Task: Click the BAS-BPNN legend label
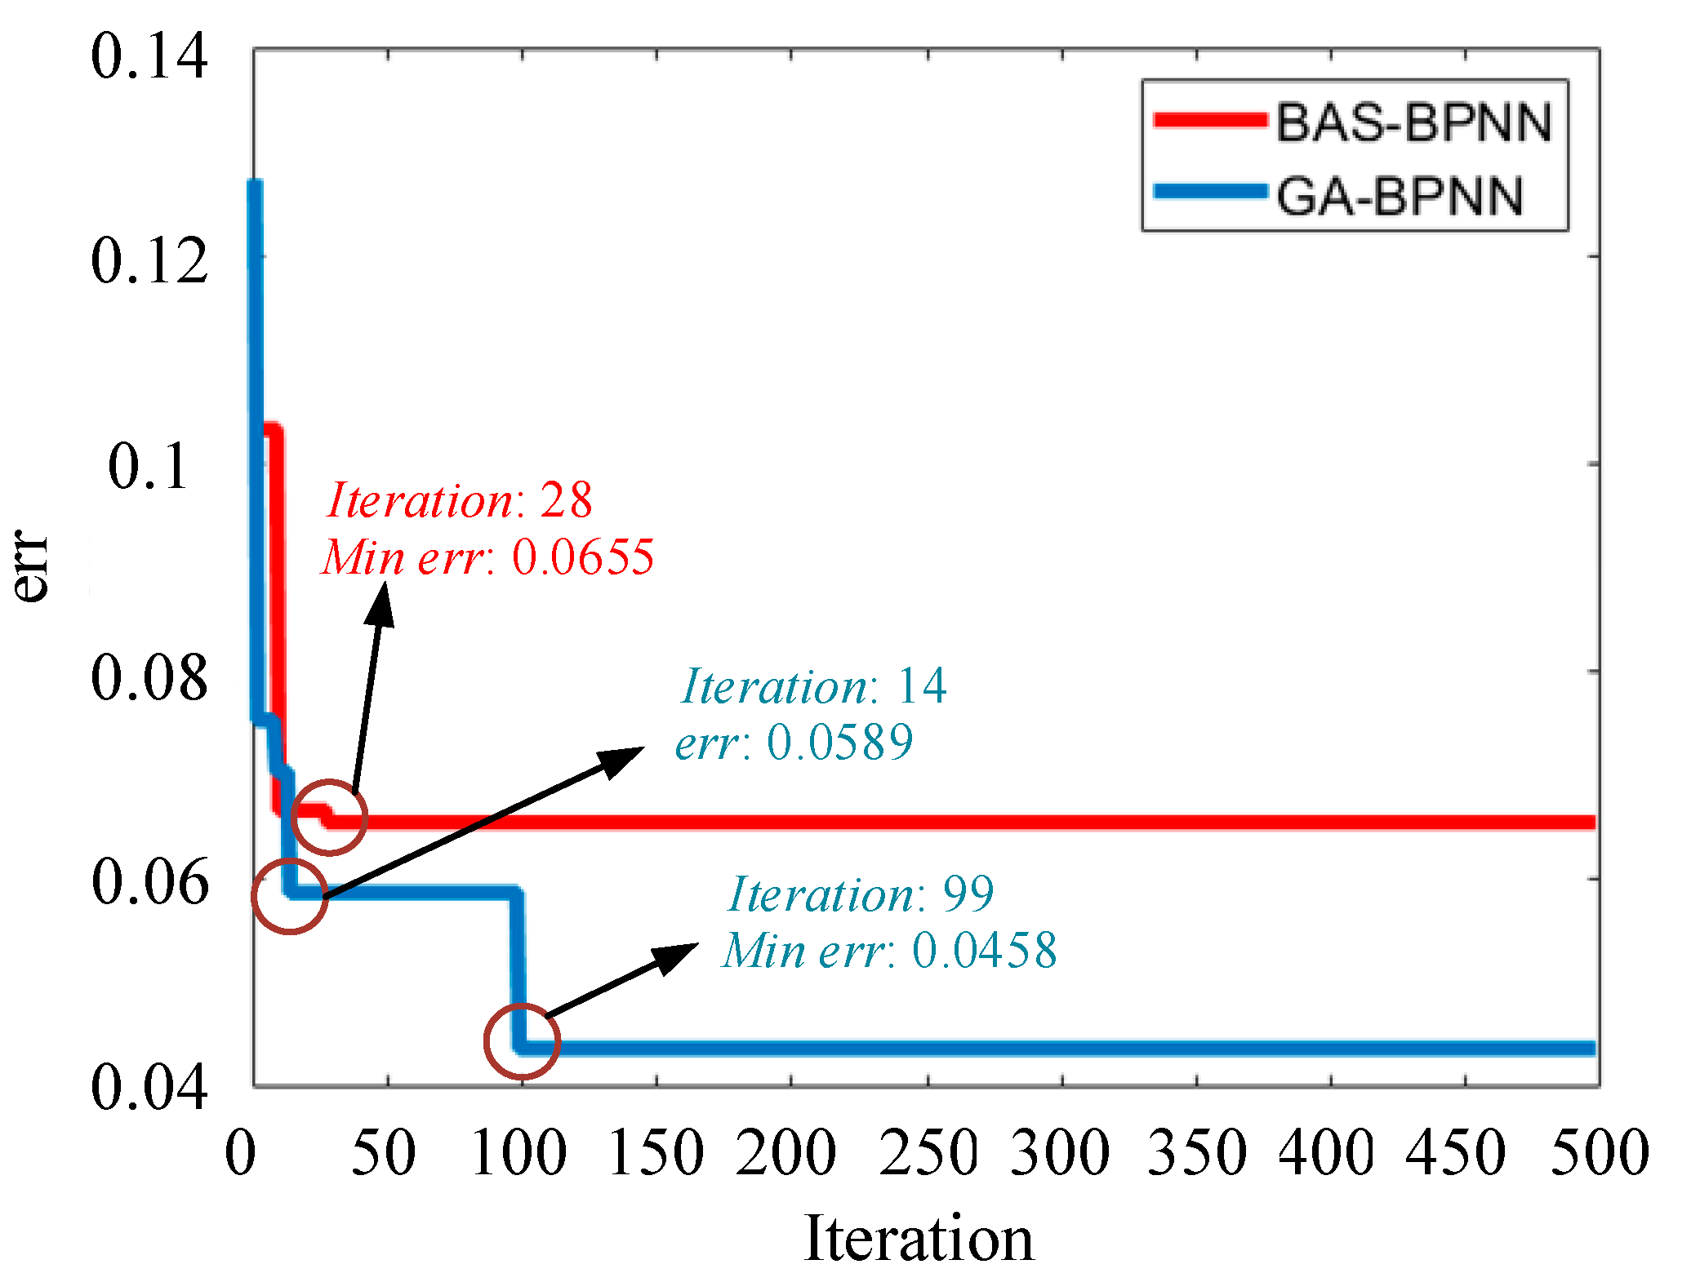(1413, 123)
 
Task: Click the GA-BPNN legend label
(1400, 197)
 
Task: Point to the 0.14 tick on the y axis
(149, 56)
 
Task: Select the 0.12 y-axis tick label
(149, 261)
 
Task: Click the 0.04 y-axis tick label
(149, 1087)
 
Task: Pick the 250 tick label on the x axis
(928, 1151)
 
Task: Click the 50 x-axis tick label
(383, 1151)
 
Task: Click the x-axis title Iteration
(919, 1238)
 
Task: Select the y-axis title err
(30, 566)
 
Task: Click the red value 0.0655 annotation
(583, 557)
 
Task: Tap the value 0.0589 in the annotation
(839, 742)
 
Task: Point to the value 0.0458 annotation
(984, 950)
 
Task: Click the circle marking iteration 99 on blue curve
(522, 1040)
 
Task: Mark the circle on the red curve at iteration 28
(329, 817)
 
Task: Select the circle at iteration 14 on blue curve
(290, 895)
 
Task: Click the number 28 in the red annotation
(566, 499)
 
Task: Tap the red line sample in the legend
(1209, 120)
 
